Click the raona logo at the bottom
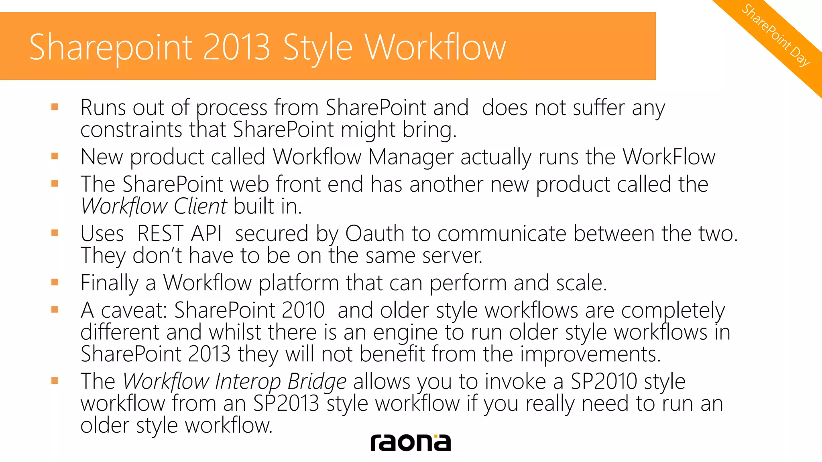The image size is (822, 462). pos(410,443)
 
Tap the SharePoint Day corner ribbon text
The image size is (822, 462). pos(775,35)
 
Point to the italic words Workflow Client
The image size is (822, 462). pos(154,207)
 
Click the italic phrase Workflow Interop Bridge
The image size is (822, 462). pos(234,381)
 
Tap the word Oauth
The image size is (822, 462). pos(374,234)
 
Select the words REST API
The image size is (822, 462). pos(179,234)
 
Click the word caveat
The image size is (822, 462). pos(134,310)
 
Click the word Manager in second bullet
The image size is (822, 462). pos(411,157)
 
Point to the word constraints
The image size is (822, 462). pos(131,130)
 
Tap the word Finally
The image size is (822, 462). pos(110,283)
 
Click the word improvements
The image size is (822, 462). pos(590,355)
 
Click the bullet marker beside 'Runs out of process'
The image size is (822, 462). pos(55,107)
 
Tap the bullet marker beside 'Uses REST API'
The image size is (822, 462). pos(55,233)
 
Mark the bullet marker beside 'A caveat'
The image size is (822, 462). pos(55,309)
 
